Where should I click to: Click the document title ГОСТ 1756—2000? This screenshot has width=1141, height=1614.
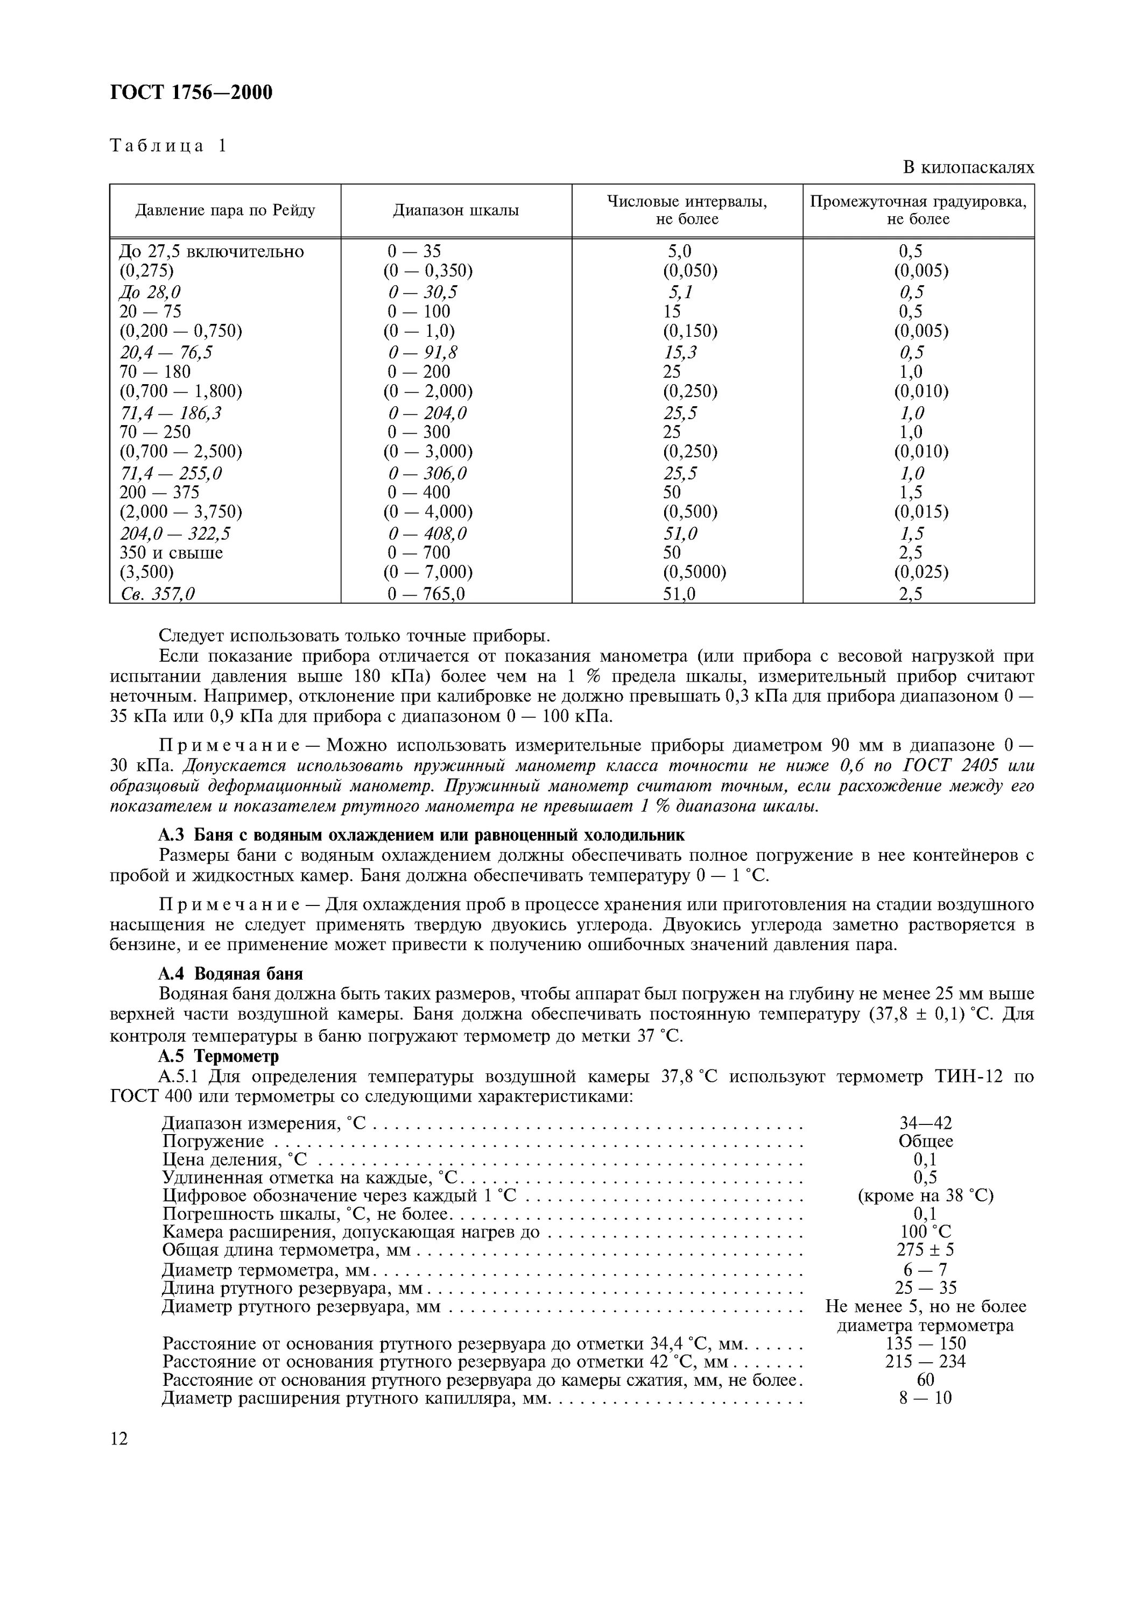coord(191,92)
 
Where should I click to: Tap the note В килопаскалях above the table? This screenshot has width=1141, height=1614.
coord(968,167)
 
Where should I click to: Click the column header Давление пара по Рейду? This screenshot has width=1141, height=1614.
coord(225,210)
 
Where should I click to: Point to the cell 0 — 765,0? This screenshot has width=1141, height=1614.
coord(426,594)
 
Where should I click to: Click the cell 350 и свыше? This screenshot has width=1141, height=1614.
coord(171,553)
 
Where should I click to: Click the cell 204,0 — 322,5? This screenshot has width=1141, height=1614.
coord(175,534)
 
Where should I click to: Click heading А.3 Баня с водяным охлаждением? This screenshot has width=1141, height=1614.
coord(421,835)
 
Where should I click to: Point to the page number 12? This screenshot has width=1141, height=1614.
coord(119,1439)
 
